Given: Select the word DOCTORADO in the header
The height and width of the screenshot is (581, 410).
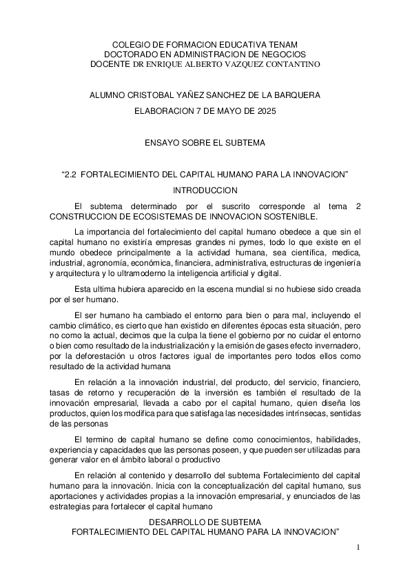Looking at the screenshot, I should [x=131, y=54].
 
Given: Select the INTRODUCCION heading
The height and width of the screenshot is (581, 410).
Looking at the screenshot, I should [x=205, y=190].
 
